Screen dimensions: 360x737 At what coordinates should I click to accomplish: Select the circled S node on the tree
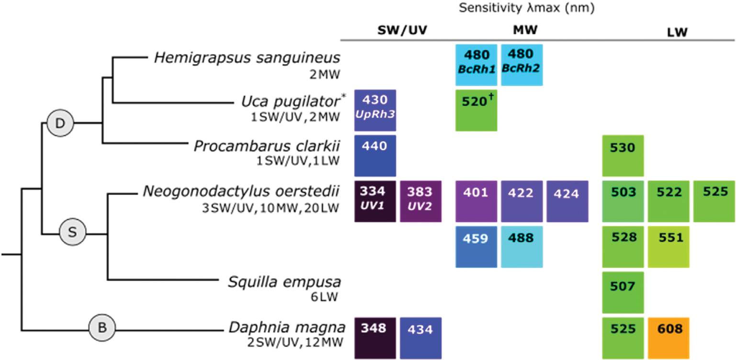tap(72, 234)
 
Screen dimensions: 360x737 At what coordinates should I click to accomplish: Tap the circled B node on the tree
tap(101, 329)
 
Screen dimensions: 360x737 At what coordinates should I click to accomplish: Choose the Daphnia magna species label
tap(287, 328)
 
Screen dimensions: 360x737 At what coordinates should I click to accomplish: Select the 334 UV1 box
tap(375, 201)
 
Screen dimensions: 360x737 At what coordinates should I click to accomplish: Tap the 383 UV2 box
tap(420, 201)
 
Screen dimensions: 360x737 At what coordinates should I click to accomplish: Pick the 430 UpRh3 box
tap(375, 110)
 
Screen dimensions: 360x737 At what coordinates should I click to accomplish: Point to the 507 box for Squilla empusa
tap(623, 292)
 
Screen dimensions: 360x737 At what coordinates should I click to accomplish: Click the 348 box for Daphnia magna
tap(375, 338)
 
